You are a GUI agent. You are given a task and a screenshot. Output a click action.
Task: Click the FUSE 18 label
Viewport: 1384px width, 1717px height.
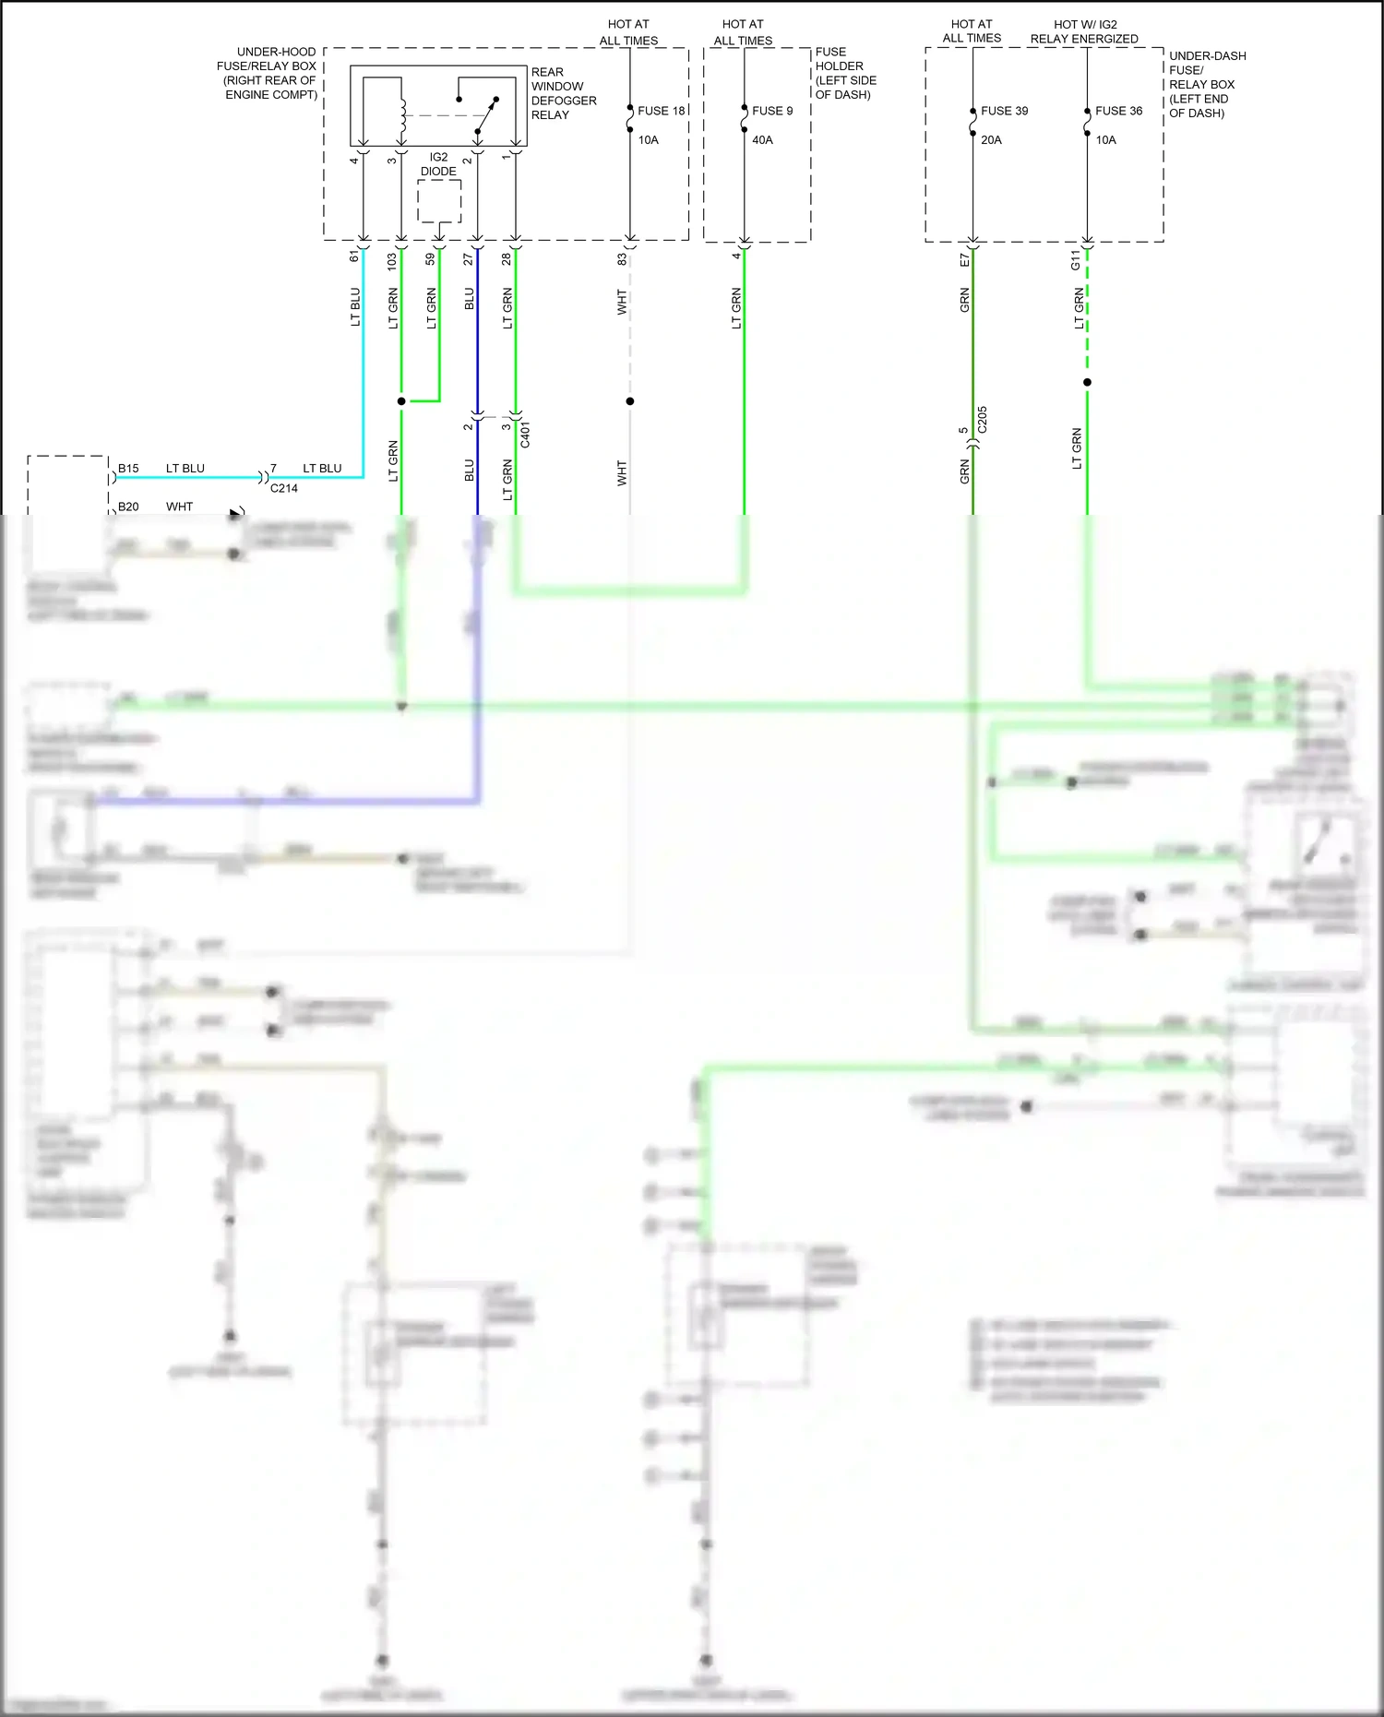point(661,111)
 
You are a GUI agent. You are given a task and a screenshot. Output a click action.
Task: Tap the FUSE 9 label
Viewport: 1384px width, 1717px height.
point(772,111)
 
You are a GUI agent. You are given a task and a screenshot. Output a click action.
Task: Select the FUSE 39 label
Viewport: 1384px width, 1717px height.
point(1004,111)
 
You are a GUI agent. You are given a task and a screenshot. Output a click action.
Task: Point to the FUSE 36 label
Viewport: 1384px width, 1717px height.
point(1118,111)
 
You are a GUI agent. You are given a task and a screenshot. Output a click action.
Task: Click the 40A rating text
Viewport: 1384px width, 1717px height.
point(762,140)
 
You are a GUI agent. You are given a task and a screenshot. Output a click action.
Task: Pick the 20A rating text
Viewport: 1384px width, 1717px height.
point(991,140)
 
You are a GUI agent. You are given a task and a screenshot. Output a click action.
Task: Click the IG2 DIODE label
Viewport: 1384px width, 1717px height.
point(438,164)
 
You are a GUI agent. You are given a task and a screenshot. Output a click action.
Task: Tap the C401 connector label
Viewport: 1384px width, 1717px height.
point(525,435)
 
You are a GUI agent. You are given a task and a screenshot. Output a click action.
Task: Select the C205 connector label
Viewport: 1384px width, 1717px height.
point(983,420)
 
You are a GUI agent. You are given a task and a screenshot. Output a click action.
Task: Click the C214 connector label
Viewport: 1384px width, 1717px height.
point(284,488)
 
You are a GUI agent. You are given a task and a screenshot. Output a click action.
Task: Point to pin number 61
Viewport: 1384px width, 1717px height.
point(354,256)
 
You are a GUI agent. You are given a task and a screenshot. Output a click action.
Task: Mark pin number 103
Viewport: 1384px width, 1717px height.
point(392,260)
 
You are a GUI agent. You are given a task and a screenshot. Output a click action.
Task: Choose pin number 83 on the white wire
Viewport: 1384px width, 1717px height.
point(622,259)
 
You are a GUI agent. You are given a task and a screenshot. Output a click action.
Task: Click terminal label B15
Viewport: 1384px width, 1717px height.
point(128,469)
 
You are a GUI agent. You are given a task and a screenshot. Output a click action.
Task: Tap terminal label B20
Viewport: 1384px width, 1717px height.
point(128,507)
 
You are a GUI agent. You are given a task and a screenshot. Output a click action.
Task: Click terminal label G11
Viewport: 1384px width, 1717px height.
point(1075,260)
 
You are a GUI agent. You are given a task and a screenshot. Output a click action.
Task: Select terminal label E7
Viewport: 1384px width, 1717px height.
point(964,260)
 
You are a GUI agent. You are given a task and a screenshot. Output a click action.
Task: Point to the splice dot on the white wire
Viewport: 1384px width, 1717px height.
point(630,401)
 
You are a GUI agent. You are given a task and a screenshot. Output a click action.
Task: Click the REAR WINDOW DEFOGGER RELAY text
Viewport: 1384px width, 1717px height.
point(563,93)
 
